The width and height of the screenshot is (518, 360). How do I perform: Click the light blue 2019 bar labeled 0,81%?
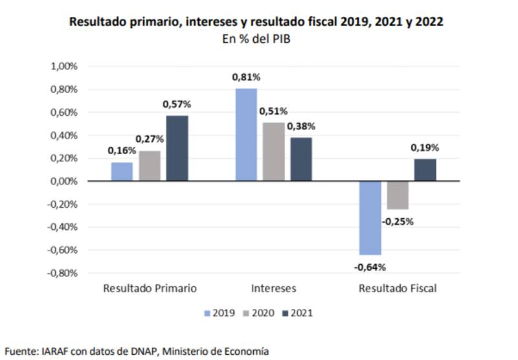(x=246, y=135)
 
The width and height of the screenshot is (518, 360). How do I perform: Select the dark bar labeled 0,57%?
(x=177, y=148)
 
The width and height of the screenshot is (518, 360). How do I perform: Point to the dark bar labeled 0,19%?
(x=425, y=170)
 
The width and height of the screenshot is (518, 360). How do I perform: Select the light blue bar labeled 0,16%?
(x=122, y=172)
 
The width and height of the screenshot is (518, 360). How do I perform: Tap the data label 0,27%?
(x=150, y=139)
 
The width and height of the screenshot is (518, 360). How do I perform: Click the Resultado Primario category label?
(x=150, y=288)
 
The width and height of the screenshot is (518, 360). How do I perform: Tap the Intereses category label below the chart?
(x=274, y=288)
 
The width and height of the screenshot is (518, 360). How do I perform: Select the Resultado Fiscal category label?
(x=398, y=288)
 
